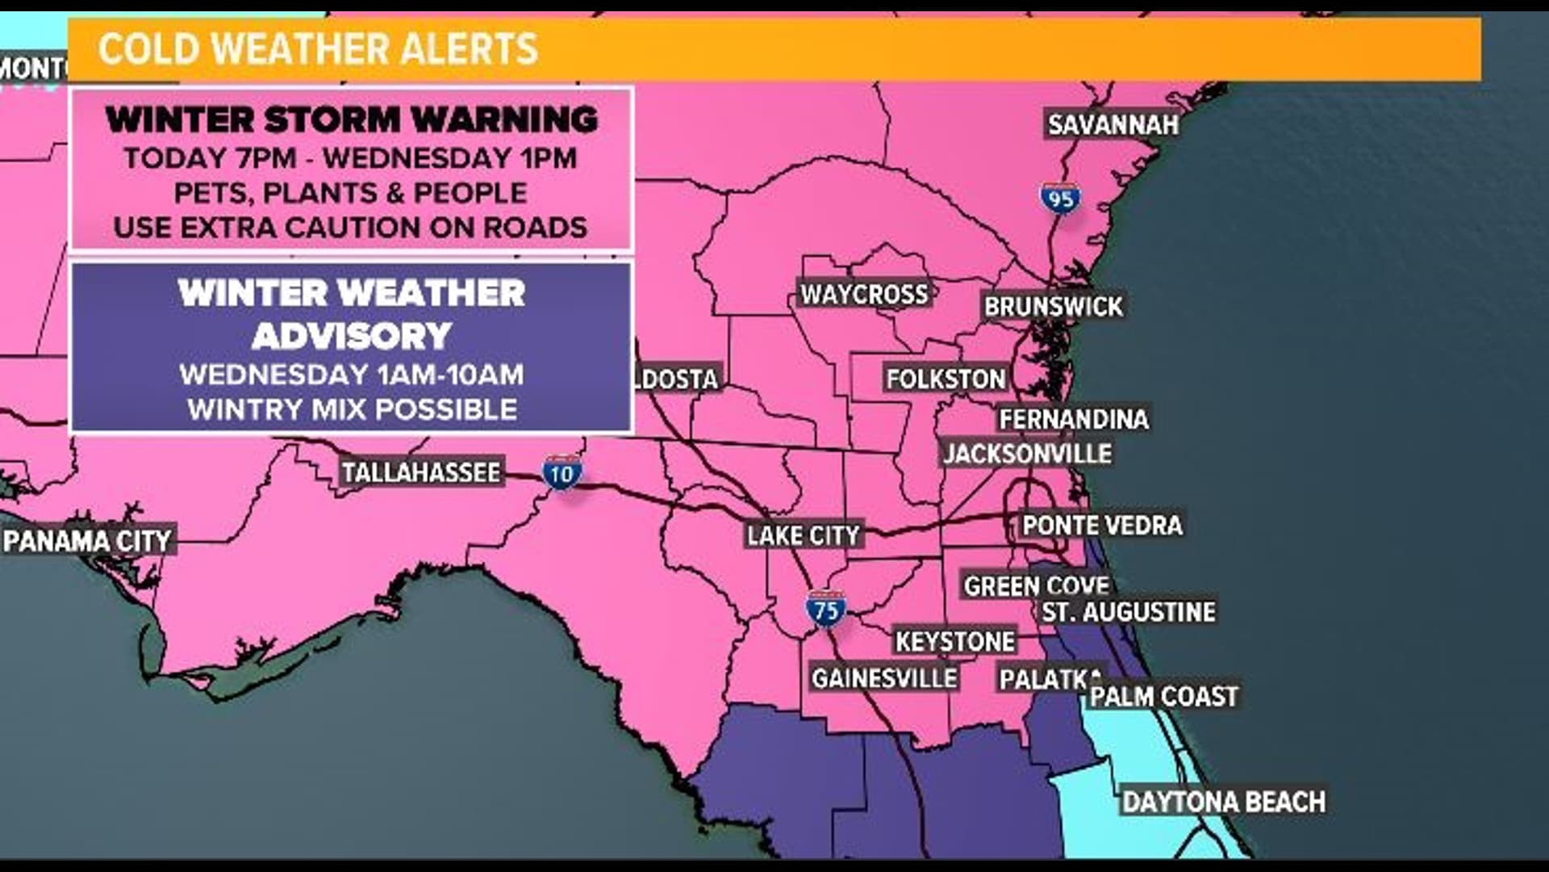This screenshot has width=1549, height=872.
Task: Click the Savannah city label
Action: [x=1113, y=124]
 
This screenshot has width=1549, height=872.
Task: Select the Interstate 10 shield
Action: [x=562, y=474]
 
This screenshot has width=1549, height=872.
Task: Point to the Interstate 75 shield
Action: [x=825, y=610]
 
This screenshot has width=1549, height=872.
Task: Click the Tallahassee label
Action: [x=420, y=472]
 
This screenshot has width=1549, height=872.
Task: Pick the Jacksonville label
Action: [x=1027, y=454]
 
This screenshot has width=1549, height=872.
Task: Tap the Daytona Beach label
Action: [x=1223, y=802]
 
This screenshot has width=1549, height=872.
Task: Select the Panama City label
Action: [x=88, y=540]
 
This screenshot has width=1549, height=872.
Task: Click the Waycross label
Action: [x=864, y=294]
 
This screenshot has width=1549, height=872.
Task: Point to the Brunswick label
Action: [x=1053, y=307]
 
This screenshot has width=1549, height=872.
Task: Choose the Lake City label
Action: [x=804, y=535]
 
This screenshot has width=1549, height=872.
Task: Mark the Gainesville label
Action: [x=884, y=678]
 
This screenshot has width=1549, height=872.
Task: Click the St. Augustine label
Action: [x=1128, y=612]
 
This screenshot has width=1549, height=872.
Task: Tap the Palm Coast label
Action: [x=1163, y=696]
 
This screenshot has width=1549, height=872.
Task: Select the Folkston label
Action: [x=946, y=379]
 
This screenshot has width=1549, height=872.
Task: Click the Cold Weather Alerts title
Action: [x=318, y=49]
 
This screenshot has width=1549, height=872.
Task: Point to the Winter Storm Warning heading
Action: [x=352, y=120]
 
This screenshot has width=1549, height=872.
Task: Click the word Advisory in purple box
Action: [x=351, y=336]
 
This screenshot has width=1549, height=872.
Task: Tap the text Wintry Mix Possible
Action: [x=352, y=409]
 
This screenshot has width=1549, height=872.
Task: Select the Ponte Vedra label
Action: [x=1101, y=526]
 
